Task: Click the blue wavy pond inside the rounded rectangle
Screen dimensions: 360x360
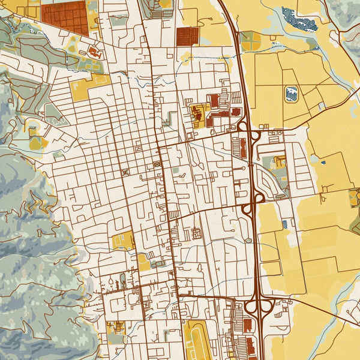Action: click(292, 94)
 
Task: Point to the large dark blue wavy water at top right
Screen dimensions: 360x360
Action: click(299, 20)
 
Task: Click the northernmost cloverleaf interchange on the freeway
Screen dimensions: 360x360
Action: click(250, 132)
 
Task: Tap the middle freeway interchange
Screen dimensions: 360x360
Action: click(254, 204)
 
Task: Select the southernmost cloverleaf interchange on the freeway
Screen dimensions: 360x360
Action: click(259, 307)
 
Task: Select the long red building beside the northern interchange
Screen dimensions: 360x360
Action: click(243, 148)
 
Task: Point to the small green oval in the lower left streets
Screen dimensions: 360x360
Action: click(123, 279)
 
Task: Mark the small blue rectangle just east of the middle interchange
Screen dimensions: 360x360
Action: click(284, 223)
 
